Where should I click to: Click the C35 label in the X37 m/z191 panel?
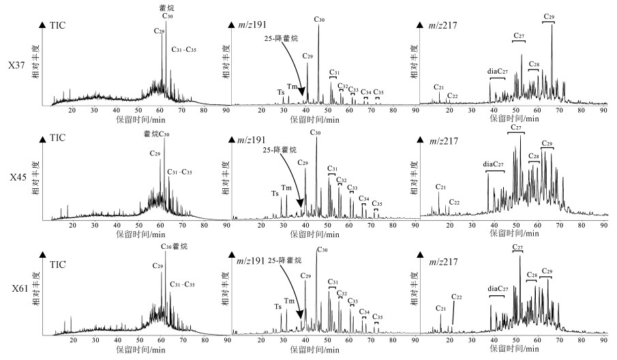[x=378, y=92]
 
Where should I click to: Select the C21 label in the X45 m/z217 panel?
[x=440, y=187]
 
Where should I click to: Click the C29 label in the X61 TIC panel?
[x=158, y=266]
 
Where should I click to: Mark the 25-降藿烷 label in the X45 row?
[x=281, y=150]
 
